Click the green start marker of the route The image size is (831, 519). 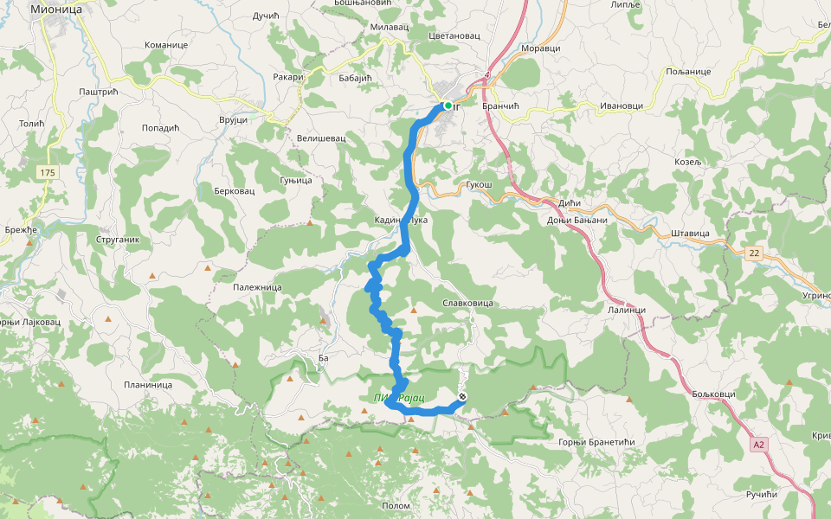[x=448, y=106]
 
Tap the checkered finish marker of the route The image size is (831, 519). [x=462, y=397]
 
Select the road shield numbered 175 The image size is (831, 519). [x=47, y=173]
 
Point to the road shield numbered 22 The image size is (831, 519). [x=755, y=252]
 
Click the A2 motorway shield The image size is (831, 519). [x=759, y=445]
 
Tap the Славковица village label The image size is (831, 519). [x=467, y=304]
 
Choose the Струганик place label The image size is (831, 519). [x=118, y=239]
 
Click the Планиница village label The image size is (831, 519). [x=148, y=385]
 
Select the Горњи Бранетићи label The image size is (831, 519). [x=597, y=442]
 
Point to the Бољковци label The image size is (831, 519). [x=714, y=394]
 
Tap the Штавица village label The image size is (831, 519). [x=690, y=234]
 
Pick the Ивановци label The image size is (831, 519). [x=621, y=106]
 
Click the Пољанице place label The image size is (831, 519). [x=688, y=71]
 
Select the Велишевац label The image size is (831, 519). [x=321, y=138]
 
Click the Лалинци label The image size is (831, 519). [x=627, y=310]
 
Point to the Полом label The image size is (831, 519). [x=396, y=505]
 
